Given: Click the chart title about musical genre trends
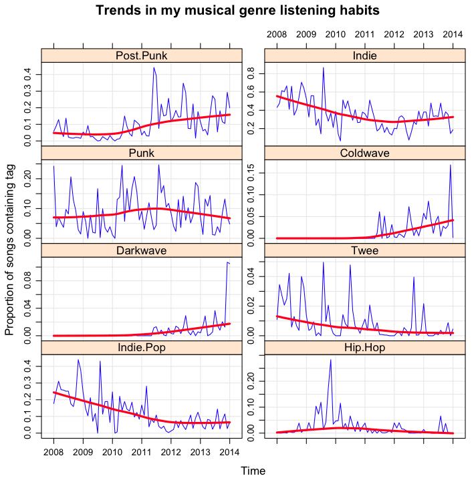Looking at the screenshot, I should coord(237,11).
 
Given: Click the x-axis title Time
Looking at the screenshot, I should coord(253,471).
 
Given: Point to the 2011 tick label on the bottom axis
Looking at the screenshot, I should coord(142,453).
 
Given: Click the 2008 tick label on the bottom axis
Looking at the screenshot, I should coord(53,453).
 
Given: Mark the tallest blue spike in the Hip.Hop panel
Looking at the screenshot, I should coord(330,360).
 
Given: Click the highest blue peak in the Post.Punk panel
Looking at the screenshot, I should coord(154,67).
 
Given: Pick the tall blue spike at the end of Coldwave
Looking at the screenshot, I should coord(451,165).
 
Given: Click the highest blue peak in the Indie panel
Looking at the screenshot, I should coord(324,67).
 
